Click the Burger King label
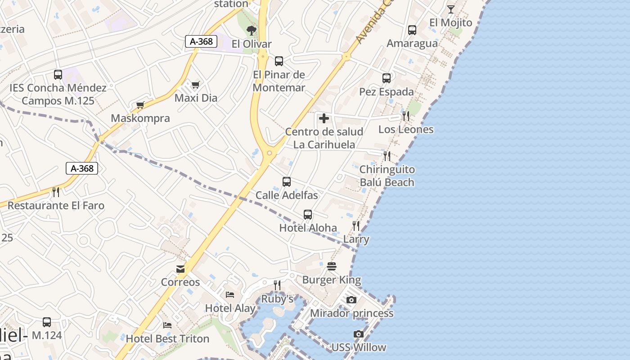331,280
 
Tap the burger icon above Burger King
332,266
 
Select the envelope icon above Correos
180,269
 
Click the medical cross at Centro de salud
324,119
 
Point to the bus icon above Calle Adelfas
287,182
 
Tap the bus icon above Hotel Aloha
308,215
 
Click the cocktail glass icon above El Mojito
450,9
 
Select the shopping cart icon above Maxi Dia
195,85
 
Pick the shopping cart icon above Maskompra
140,105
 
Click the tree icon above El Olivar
252,31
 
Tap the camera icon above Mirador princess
351,300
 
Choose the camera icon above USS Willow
359,334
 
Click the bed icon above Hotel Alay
230,295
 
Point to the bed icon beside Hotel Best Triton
167,325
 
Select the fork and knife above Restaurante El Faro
56,192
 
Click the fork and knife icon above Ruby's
277,285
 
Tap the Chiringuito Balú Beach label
387,176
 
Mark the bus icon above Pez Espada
387,78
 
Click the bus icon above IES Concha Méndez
58,75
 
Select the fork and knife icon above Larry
356,226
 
